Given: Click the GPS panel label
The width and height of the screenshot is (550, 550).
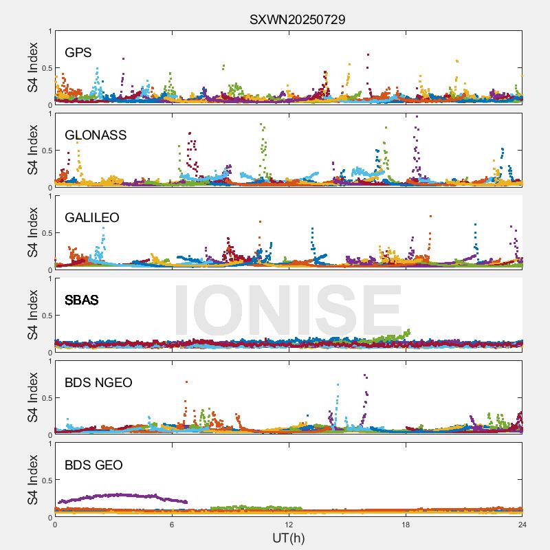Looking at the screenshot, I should pyautogui.click(x=78, y=52).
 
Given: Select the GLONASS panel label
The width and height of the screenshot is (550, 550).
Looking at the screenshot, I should pyautogui.click(x=96, y=135).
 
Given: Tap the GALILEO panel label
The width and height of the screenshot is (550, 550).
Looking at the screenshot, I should pyautogui.click(x=92, y=217).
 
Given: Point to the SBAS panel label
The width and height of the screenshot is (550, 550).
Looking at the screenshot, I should pyautogui.click(x=82, y=300).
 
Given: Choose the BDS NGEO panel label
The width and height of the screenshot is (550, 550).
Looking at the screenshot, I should pyautogui.click(x=98, y=382).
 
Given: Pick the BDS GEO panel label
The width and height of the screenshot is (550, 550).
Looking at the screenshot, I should pyautogui.click(x=93, y=465).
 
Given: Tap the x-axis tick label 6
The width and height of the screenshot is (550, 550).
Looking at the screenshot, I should pyautogui.click(x=172, y=525).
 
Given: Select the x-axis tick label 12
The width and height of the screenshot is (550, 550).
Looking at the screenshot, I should pyautogui.click(x=289, y=525).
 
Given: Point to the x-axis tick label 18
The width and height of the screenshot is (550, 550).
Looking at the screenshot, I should pyautogui.click(x=406, y=525).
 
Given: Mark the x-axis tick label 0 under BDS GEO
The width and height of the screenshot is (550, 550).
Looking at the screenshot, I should pyautogui.click(x=55, y=525).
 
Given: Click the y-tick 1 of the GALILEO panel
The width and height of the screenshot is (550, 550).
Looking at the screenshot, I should pyautogui.click(x=49, y=197).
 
